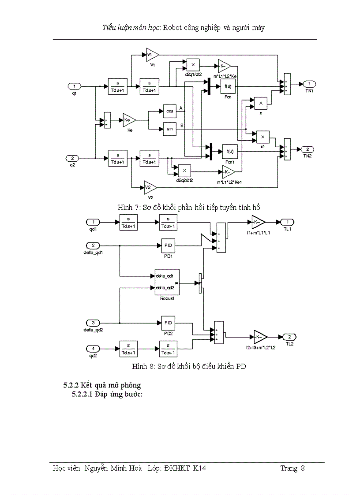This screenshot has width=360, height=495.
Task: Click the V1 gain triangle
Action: coord(151,55)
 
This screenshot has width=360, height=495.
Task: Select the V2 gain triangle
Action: coord(150,187)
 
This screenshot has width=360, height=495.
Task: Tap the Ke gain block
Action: coord(128,119)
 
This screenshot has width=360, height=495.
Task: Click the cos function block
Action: coord(169,110)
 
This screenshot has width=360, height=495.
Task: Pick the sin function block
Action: coord(169,128)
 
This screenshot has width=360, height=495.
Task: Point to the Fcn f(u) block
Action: coord(228,87)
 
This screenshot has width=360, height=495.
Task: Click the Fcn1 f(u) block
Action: coord(229,151)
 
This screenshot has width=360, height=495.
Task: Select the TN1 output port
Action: coord(310,84)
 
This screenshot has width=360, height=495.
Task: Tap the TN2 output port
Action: coord(308,149)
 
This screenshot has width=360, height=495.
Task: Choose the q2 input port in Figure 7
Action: coord(73,158)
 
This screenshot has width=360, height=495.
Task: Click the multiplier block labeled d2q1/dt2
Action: coord(193,65)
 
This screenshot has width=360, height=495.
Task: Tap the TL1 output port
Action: coord(287,222)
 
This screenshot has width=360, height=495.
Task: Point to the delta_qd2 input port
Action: coord(93,323)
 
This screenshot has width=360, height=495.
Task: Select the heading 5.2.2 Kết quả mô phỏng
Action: coord(102,386)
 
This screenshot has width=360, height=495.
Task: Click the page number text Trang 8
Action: coord(292,468)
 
